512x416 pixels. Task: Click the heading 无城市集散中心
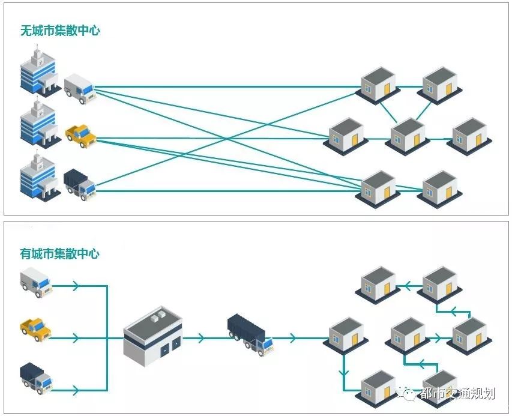(x=60, y=31)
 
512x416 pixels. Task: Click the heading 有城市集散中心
(x=59, y=253)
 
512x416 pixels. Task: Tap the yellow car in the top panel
(x=80, y=135)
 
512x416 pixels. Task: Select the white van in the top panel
(x=79, y=88)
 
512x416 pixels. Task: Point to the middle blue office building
(x=38, y=124)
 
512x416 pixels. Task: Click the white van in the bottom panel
(x=36, y=282)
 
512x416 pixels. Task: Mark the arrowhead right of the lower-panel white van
(x=75, y=286)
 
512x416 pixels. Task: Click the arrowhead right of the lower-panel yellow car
(x=75, y=338)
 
